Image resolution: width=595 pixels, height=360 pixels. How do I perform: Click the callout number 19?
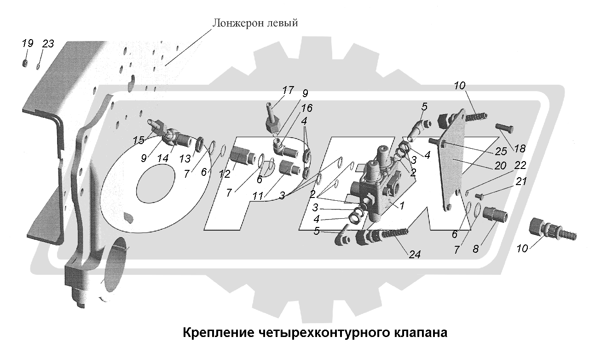27,43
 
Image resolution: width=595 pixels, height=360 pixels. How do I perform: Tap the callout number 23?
48,44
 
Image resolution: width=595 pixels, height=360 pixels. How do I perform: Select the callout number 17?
288,90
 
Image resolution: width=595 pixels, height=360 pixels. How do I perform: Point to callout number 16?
306,108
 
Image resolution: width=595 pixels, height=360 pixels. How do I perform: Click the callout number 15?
139,140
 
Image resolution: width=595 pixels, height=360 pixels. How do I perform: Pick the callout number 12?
225,174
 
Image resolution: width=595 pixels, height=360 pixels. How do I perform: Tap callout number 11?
258,196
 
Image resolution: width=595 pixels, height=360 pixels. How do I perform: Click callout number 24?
415,255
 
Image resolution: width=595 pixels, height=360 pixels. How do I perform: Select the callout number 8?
475,249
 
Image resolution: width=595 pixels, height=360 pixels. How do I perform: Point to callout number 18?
520,149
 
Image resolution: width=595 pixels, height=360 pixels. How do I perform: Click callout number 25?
501,151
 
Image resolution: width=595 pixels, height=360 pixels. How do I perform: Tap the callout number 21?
521,181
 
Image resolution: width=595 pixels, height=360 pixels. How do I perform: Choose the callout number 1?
402,205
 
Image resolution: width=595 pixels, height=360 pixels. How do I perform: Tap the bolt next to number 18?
504,128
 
